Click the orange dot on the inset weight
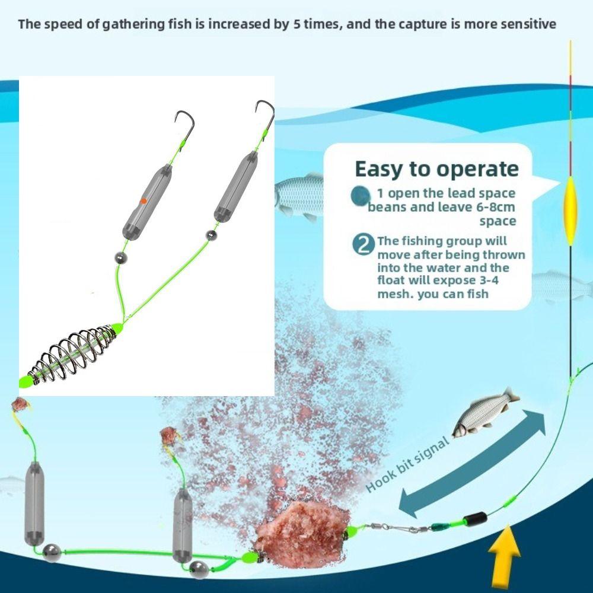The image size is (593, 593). pyautogui.click(x=143, y=202)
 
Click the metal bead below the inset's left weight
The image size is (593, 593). pyautogui.click(x=121, y=258)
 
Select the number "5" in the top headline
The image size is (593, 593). pyautogui.click(x=296, y=24)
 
